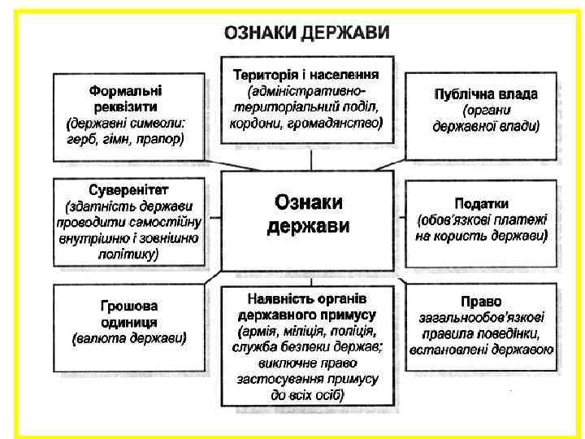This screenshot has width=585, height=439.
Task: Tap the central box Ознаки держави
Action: (308, 214)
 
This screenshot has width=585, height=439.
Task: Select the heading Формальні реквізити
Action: (125, 98)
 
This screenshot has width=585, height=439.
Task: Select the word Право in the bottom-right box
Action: (481, 301)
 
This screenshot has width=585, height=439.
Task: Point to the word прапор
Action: (161, 138)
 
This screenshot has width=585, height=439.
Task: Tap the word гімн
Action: (118, 138)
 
